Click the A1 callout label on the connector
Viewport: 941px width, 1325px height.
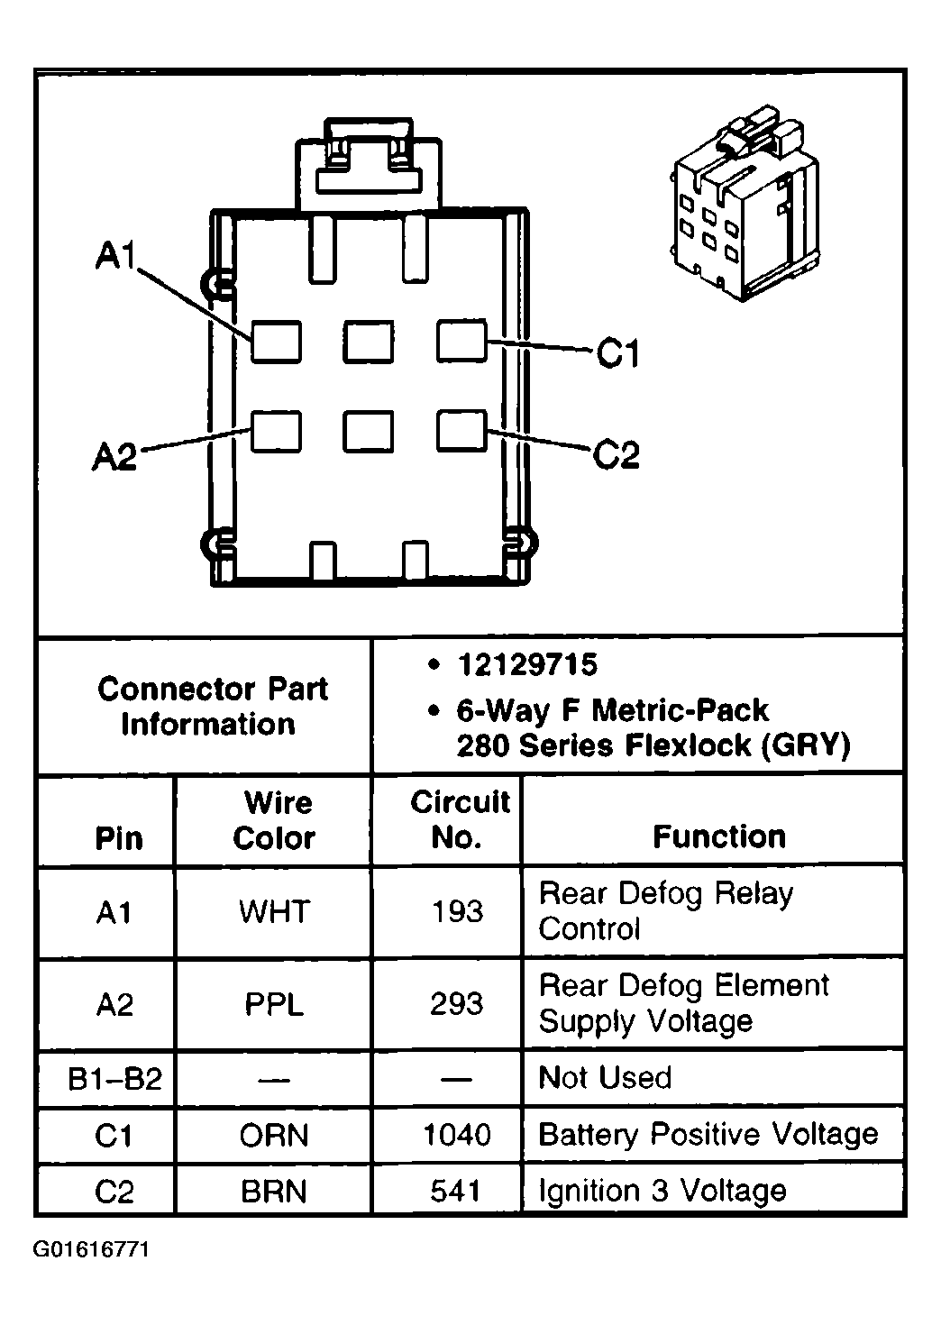(x=116, y=255)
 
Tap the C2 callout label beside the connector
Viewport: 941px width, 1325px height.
(x=616, y=455)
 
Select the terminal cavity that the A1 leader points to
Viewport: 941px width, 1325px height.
(x=276, y=342)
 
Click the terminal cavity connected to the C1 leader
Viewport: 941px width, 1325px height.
(x=461, y=340)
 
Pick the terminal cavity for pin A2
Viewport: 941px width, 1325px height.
(x=276, y=432)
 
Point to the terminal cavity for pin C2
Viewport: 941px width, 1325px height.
(x=461, y=431)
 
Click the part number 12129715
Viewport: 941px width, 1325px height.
(x=527, y=664)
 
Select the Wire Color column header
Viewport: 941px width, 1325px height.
(x=274, y=820)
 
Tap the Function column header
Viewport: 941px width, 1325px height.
(x=719, y=836)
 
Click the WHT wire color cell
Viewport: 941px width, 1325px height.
(x=274, y=911)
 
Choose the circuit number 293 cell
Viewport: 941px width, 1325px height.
(x=457, y=1004)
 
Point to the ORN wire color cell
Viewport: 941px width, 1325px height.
(x=274, y=1135)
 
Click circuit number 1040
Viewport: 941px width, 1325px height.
(x=457, y=1135)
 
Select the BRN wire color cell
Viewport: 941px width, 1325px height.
(x=274, y=1192)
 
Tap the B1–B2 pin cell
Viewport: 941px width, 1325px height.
(x=114, y=1078)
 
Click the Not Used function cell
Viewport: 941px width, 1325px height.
(x=605, y=1077)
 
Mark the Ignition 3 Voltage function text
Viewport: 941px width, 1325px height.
(x=662, y=1192)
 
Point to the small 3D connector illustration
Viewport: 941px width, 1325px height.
(x=745, y=203)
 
